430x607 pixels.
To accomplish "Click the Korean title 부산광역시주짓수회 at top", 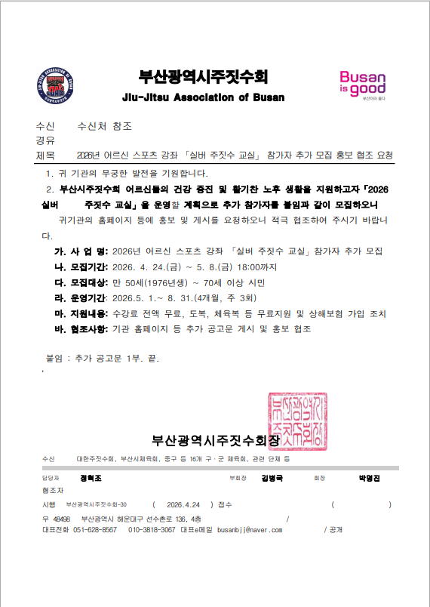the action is tap(203, 77).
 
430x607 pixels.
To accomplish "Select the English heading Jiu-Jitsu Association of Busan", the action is tap(203, 98).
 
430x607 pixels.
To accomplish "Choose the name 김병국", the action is tap(272, 478).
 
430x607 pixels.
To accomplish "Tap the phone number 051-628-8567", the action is tap(95, 530).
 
